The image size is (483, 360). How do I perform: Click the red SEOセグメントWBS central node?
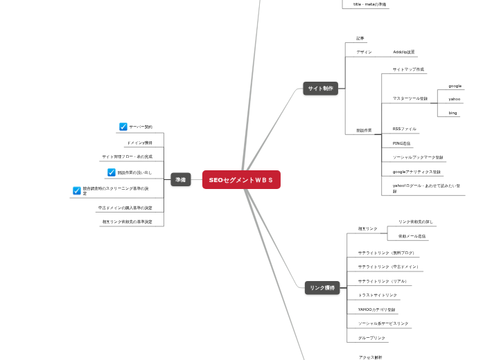point(241,180)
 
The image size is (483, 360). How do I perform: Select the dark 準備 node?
point(180,180)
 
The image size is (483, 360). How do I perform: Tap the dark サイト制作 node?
point(320,89)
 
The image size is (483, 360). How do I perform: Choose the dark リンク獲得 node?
point(322,288)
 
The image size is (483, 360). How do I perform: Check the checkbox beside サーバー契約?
point(123,127)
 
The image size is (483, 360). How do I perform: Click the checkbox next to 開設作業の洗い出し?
point(111,172)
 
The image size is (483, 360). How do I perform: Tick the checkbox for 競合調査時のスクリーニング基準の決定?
point(77,190)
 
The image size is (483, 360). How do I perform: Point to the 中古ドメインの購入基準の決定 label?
point(125,208)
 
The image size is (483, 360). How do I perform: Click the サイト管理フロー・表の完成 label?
point(127,156)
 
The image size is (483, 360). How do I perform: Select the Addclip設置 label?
point(403,52)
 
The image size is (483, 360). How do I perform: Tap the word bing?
point(453,113)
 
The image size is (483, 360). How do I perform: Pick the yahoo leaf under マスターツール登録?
point(454,99)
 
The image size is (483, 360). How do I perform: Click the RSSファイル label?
point(405,129)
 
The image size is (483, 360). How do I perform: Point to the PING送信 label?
point(401,143)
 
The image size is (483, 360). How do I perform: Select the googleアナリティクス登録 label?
point(416,172)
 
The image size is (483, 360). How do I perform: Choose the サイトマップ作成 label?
point(408,69)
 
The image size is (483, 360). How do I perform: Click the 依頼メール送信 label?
point(412,236)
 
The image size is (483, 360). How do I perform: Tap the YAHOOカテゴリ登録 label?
point(377,309)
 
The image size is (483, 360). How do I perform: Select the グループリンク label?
point(371,338)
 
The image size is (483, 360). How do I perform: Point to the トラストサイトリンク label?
point(378,295)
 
